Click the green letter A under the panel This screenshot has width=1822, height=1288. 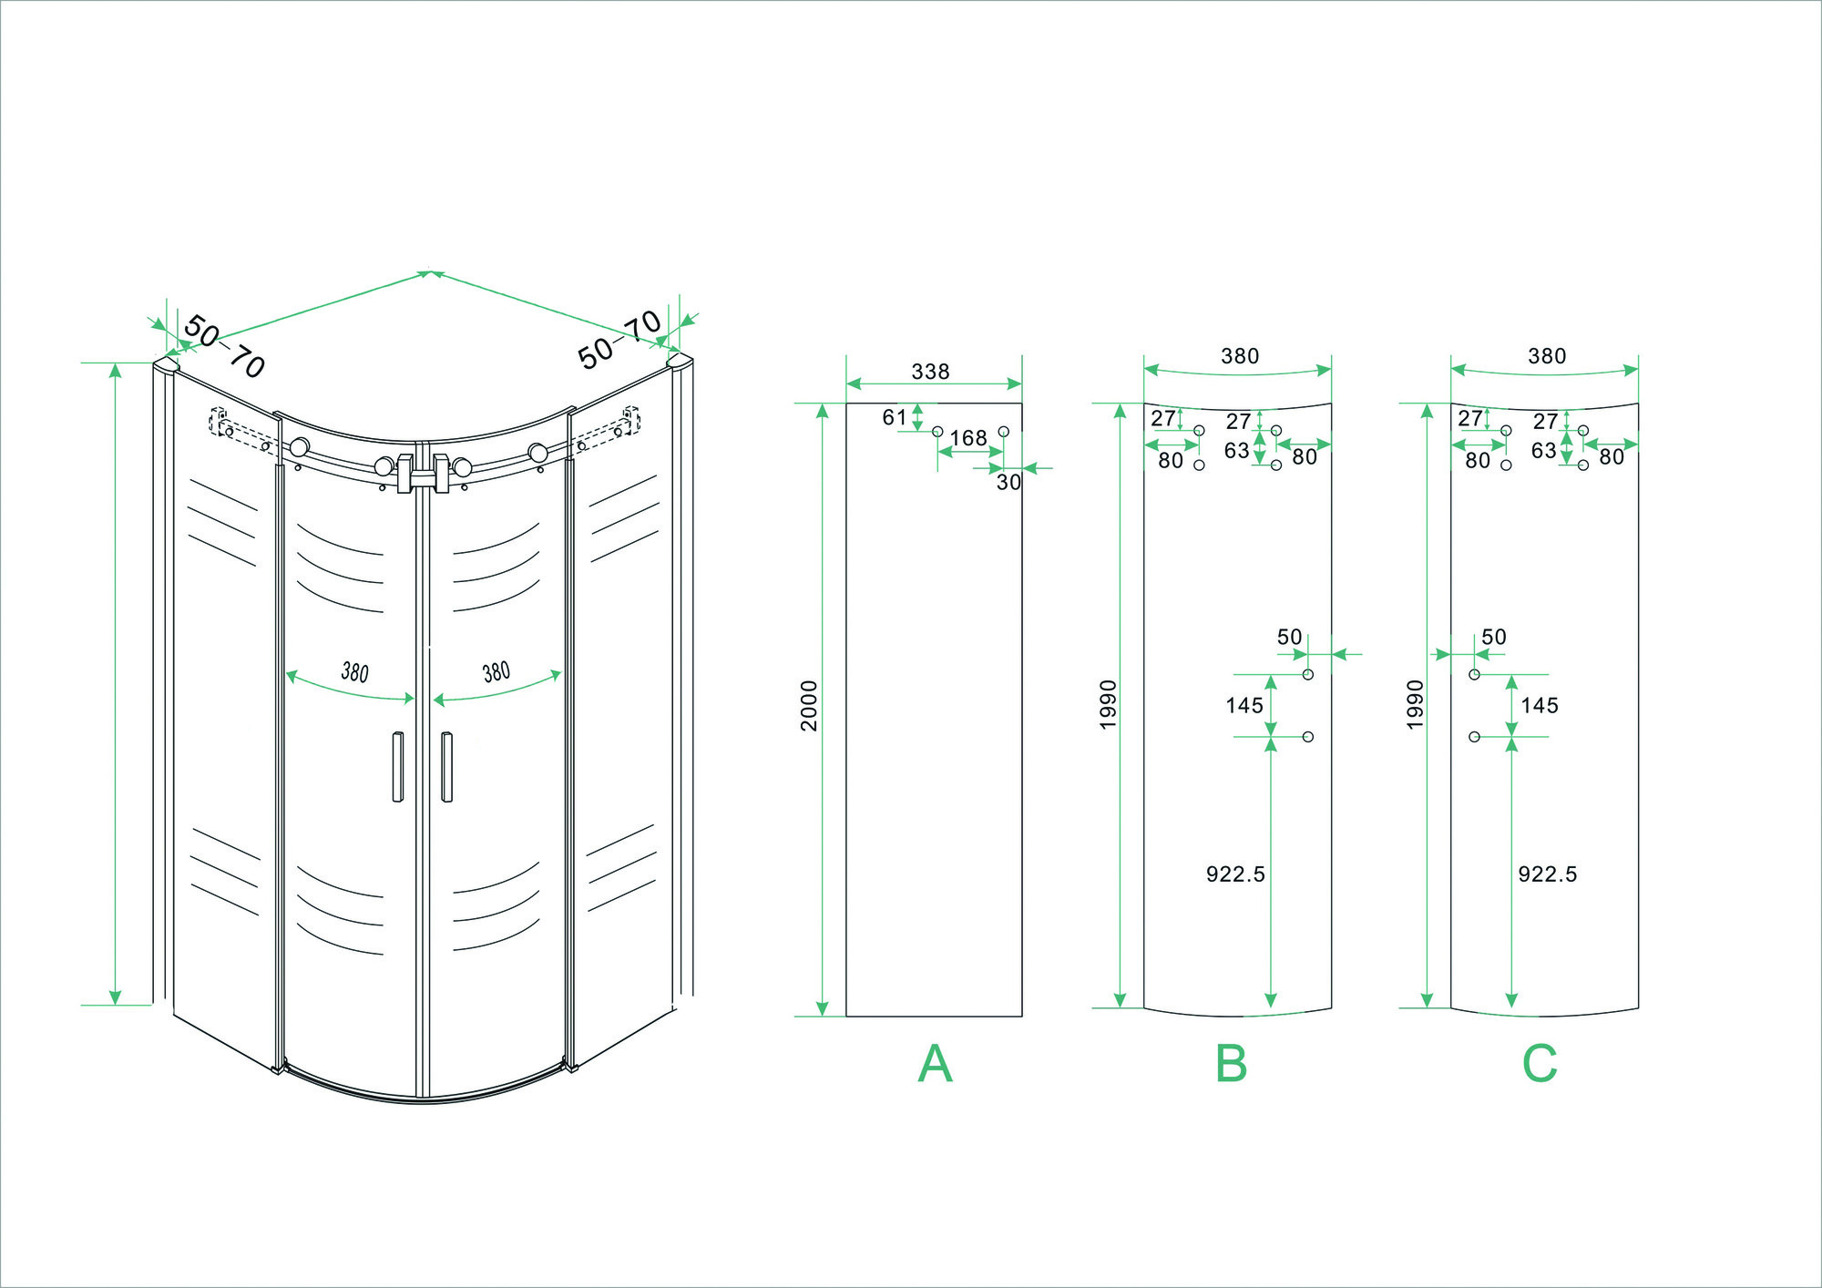tap(935, 1063)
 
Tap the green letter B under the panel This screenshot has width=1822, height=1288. tap(1231, 1063)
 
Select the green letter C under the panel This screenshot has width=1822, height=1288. tap(1540, 1063)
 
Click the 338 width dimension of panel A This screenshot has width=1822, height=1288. tap(930, 372)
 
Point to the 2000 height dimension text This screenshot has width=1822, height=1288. tap(809, 705)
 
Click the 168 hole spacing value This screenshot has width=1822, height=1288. tap(968, 438)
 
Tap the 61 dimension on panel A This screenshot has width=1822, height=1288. tap(895, 417)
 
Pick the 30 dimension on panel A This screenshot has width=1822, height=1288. tap(1008, 482)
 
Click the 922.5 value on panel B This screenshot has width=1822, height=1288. tap(1235, 874)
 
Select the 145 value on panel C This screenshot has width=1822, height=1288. tap(1540, 705)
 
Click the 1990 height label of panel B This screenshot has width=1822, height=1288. tap(1108, 704)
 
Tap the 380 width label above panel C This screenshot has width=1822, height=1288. tap(1547, 356)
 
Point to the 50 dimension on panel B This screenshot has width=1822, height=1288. tap(1289, 637)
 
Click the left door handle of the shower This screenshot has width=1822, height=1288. tap(397, 766)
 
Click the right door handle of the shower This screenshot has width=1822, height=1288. tap(446, 766)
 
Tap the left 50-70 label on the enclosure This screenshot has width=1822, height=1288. tap(224, 346)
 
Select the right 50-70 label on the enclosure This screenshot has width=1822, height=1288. tap(619, 339)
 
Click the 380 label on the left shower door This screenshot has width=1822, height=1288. tap(354, 672)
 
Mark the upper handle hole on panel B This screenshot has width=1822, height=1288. tap(1308, 674)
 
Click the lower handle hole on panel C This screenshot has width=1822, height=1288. tap(1474, 736)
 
